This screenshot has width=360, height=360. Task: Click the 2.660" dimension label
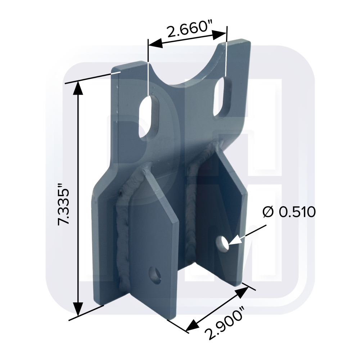click(x=187, y=29)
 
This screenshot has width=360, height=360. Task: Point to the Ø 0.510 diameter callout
click(x=289, y=212)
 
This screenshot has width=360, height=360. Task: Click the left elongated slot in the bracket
click(x=149, y=116)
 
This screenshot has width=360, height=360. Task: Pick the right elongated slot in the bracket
click(x=222, y=96)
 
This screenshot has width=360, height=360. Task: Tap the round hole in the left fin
click(x=155, y=275)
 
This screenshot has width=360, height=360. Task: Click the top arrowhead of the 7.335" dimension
click(x=78, y=88)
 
